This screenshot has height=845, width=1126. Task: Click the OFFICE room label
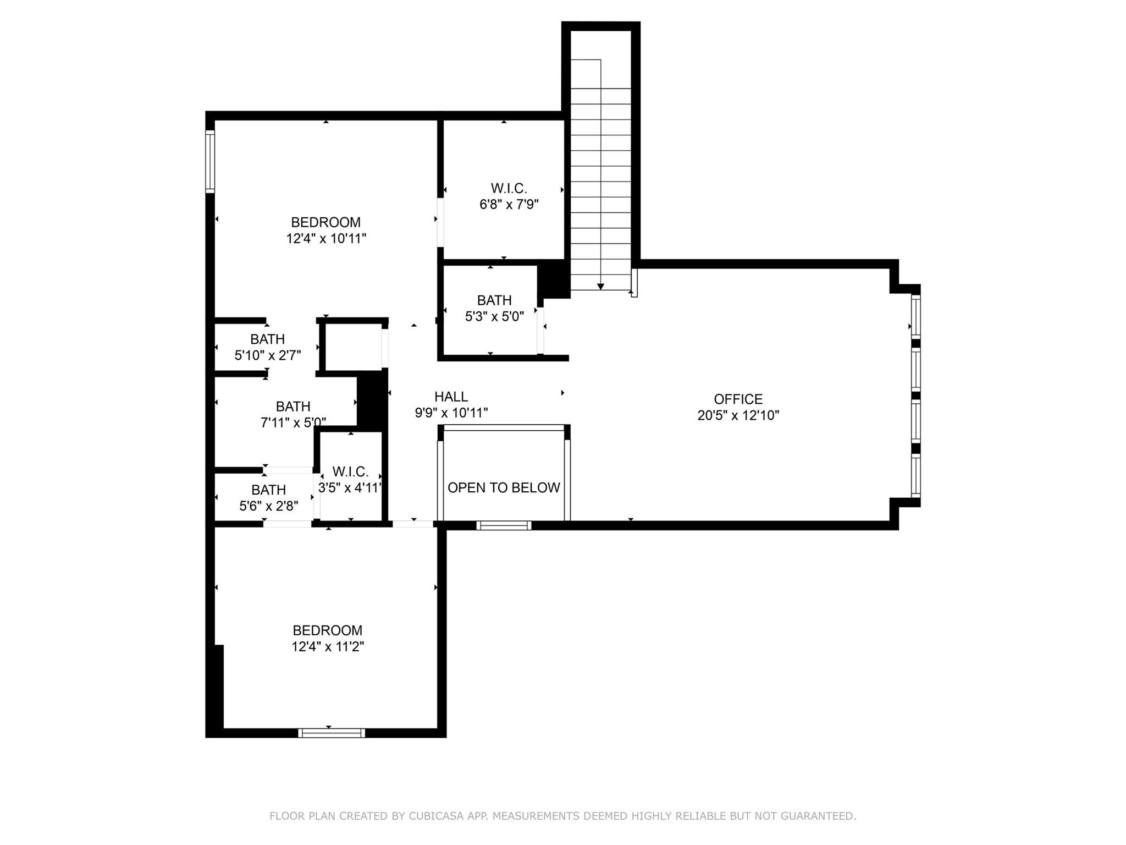(x=738, y=399)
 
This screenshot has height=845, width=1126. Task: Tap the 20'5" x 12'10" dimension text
(x=738, y=415)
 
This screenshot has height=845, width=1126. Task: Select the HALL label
(x=451, y=397)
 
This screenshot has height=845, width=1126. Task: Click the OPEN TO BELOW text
(x=504, y=488)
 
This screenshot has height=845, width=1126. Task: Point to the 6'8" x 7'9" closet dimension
(x=509, y=205)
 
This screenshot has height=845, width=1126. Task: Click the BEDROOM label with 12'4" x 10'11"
(x=325, y=222)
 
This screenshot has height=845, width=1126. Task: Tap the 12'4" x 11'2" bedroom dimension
(x=328, y=646)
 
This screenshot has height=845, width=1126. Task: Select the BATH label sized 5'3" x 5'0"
(x=494, y=300)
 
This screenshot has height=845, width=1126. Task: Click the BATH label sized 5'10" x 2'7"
(x=267, y=339)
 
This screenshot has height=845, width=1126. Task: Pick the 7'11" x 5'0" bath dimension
(x=293, y=422)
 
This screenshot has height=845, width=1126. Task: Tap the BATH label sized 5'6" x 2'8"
(x=268, y=490)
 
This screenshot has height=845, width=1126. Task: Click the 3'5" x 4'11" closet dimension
(x=350, y=488)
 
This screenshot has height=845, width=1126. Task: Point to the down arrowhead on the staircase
(x=600, y=287)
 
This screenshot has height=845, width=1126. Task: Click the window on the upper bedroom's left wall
(x=210, y=161)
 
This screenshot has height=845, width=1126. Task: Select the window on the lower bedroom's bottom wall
(x=332, y=733)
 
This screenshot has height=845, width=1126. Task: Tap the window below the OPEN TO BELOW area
(x=504, y=525)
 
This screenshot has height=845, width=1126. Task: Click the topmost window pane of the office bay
(x=915, y=316)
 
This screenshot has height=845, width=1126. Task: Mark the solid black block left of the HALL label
(x=372, y=400)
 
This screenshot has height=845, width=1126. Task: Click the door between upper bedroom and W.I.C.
(x=440, y=222)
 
